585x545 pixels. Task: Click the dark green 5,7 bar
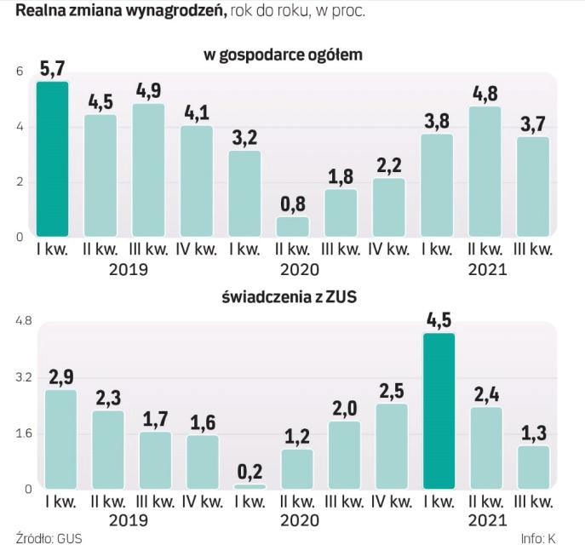tap(52, 158)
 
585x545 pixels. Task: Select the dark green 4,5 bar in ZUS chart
tap(438, 411)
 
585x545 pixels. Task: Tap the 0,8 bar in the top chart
tap(294, 226)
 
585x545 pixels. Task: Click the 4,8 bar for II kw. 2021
tap(485, 170)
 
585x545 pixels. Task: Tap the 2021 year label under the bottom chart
tap(486, 519)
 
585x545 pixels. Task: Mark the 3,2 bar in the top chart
tap(245, 193)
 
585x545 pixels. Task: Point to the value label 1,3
tap(535, 432)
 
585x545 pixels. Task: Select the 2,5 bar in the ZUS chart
tap(390, 446)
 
